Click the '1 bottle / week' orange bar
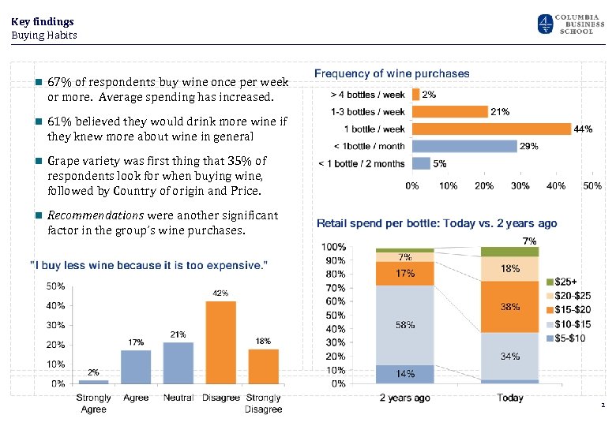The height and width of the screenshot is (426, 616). click(491, 129)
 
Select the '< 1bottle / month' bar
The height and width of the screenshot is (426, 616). click(464, 146)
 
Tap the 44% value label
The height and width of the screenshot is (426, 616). click(584, 129)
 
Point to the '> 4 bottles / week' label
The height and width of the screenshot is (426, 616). click(368, 95)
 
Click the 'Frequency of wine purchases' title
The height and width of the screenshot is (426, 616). click(392, 73)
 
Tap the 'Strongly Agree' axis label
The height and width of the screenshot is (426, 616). click(93, 403)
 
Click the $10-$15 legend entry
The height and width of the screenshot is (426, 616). click(573, 323)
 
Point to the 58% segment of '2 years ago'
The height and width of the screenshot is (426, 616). click(404, 324)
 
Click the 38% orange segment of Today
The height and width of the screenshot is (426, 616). click(509, 306)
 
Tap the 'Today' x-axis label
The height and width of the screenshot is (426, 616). click(509, 398)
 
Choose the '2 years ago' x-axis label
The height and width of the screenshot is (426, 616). click(404, 398)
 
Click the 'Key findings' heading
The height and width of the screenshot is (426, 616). click(43, 21)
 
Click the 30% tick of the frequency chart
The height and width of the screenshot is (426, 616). click(520, 186)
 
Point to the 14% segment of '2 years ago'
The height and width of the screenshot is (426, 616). click(404, 374)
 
